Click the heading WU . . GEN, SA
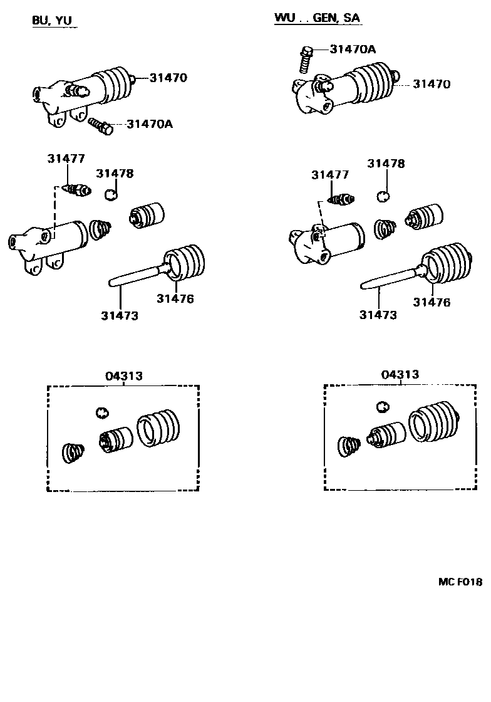(x=317, y=18)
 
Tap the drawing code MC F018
(x=460, y=582)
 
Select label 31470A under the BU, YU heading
(x=149, y=124)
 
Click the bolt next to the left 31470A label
(x=100, y=125)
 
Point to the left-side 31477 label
(x=65, y=159)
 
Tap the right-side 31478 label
(x=386, y=164)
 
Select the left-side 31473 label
(x=119, y=315)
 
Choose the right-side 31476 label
(x=432, y=302)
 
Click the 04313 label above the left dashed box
(x=123, y=376)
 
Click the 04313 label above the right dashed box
(x=400, y=375)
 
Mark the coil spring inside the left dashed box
(x=74, y=454)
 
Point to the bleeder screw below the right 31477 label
(x=341, y=201)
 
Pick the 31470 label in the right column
(x=431, y=85)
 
